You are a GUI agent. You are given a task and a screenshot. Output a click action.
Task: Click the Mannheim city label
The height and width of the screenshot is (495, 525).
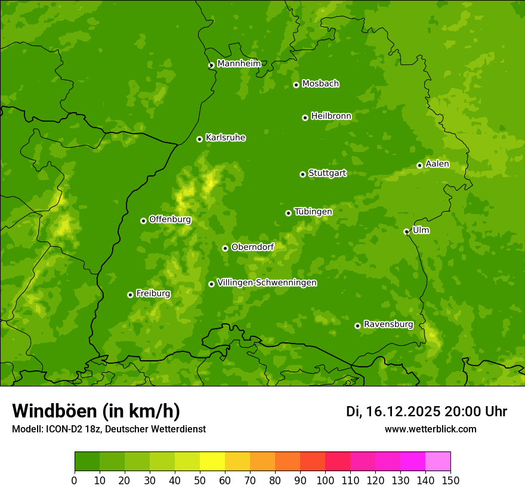coord(239,63)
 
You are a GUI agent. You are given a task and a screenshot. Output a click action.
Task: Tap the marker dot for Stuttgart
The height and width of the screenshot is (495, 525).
coord(302,174)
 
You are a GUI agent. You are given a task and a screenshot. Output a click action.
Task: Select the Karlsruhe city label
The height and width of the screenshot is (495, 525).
coord(226,138)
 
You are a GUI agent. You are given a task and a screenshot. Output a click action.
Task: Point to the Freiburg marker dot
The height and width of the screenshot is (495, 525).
coord(130,295)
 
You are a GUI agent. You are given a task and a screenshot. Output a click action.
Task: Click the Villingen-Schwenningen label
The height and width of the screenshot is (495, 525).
coord(267,283)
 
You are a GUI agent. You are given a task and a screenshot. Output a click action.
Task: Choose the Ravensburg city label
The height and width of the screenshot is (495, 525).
coord(388,324)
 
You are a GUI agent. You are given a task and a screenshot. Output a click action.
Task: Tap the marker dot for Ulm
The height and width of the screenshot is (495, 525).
coord(406,231)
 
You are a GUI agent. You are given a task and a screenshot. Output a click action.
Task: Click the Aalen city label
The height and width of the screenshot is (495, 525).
coord(437,164)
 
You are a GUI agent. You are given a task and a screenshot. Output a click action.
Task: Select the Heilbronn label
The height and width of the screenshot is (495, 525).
coord(331,116)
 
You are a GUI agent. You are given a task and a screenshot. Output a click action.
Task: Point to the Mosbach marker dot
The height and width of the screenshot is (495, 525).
coord(296,85)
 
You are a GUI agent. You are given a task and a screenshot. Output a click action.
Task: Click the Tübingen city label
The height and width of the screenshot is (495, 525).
coord(313,212)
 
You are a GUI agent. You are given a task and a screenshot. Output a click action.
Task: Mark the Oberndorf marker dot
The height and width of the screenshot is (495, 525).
coord(225,248)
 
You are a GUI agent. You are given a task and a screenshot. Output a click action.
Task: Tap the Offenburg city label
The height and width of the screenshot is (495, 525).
coord(170,219)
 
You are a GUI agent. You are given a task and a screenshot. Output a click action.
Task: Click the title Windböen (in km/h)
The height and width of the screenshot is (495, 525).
coord(96,411)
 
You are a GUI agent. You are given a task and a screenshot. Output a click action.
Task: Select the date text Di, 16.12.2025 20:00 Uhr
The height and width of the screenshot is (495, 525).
coord(427,412)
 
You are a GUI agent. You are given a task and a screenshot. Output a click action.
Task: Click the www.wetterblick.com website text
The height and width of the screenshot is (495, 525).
coord(430,429)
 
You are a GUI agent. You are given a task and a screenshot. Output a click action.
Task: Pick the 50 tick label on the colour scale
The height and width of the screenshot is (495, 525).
coord(200,481)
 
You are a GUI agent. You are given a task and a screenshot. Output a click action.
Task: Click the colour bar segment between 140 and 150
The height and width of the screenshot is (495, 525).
coord(438,461)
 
